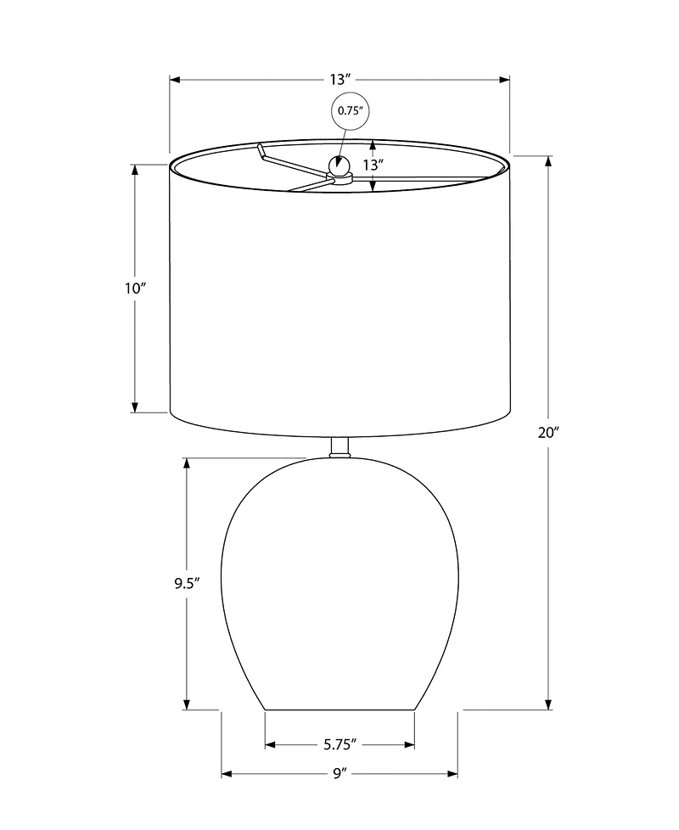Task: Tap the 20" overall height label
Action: (x=548, y=433)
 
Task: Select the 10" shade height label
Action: (x=135, y=289)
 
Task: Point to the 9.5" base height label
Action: (x=186, y=583)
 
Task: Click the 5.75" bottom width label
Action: (x=339, y=745)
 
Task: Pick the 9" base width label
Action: (x=339, y=774)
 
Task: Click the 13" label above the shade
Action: (x=340, y=80)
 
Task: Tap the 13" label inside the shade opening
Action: (x=373, y=165)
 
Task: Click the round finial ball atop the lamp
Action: (x=339, y=165)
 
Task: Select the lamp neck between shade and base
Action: (x=339, y=448)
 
